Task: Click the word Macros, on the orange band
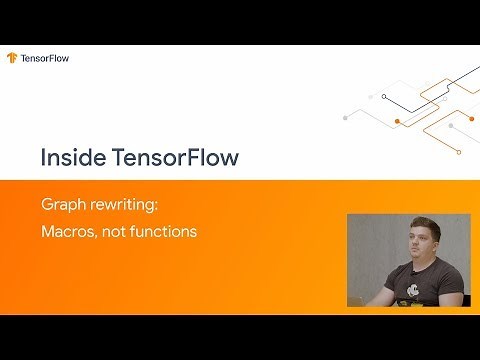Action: coord(69,231)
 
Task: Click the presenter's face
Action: coord(419,243)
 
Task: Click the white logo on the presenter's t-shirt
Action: coord(416,291)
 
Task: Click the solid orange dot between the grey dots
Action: coord(398,121)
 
